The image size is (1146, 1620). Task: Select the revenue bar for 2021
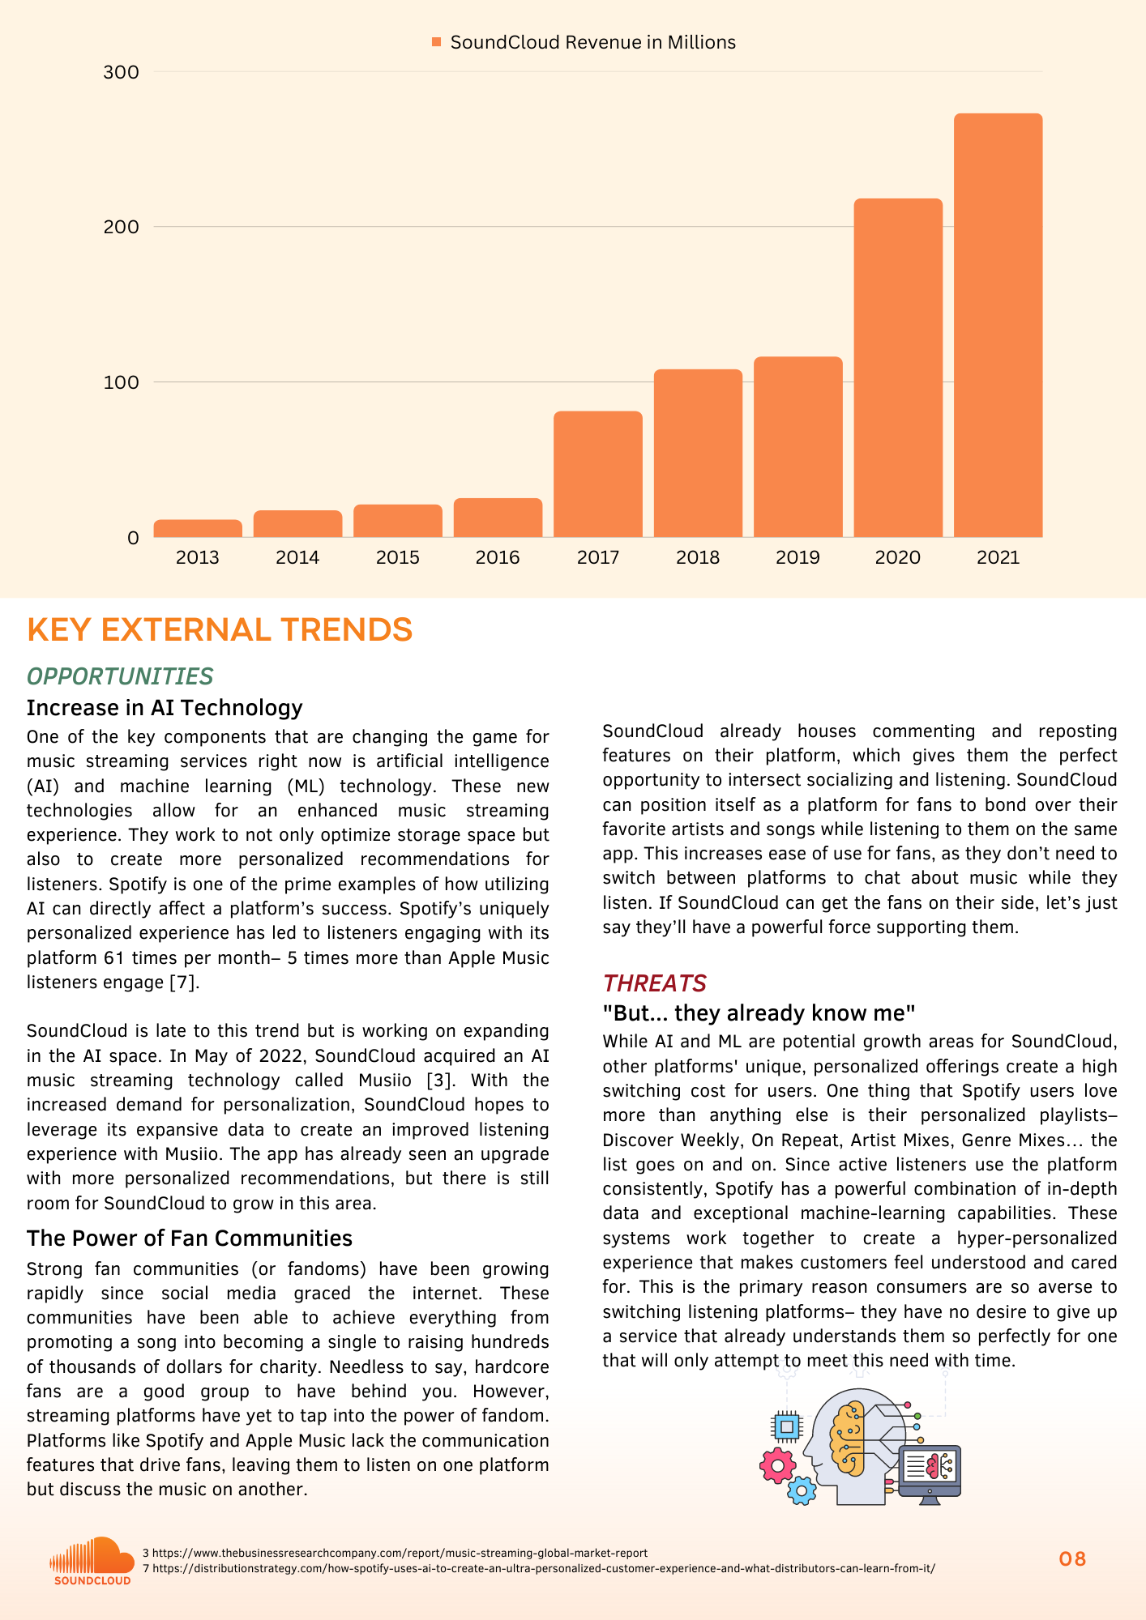(998, 325)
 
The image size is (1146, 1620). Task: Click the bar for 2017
(598, 474)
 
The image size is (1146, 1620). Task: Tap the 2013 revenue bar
(198, 528)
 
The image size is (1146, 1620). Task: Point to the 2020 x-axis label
(897, 557)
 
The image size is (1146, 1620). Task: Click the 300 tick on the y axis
(122, 72)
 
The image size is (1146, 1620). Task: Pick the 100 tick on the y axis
(122, 382)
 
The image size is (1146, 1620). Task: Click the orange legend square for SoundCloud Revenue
(437, 42)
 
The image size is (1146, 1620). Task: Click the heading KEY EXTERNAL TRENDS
(220, 629)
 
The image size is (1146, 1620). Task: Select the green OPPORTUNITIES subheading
(120, 676)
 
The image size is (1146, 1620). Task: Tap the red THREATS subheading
(654, 983)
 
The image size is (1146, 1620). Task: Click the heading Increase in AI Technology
(165, 708)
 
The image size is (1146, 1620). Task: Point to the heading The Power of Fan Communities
(190, 1238)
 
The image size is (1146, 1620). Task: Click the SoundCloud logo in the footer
(92, 1560)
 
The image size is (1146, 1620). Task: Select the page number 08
(1072, 1559)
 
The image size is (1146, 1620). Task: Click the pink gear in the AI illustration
(777, 1464)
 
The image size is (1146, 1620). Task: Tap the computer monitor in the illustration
(930, 1473)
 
